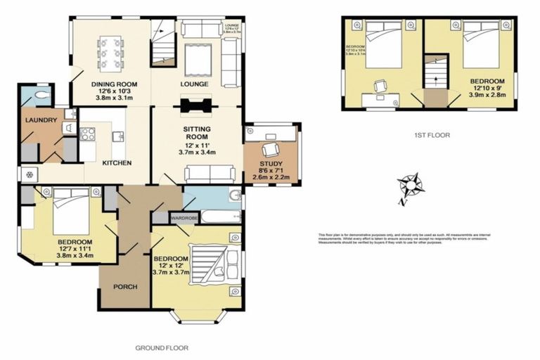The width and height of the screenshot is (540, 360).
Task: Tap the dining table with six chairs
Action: pyautogui.click(x=112, y=50)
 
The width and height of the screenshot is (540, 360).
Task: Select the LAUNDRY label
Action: pyautogui.click(x=40, y=120)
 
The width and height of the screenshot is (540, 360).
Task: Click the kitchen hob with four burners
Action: pyautogui.click(x=89, y=134)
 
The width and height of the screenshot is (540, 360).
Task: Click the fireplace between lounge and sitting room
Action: pyautogui.click(x=196, y=106)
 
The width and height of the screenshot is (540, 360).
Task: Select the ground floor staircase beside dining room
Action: pyautogui.click(x=163, y=43)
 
